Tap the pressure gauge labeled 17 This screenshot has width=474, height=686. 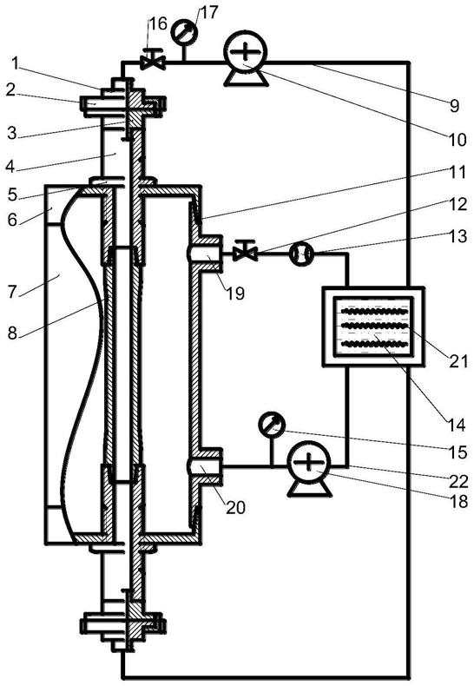[183, 31]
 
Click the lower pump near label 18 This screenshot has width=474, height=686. [309, 462]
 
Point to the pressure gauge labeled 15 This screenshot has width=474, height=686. [271, 424]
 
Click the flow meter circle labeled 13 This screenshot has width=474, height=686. [301, 253]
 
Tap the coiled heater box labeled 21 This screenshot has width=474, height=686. [372, 326]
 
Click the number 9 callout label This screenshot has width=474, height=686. [455, 105]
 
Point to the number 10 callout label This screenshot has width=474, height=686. [457, 140]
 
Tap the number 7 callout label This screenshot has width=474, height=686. [14, 291]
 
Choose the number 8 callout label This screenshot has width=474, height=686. [12, 333]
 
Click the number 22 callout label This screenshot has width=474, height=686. [458, 482]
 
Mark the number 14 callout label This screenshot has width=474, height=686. [456, 425]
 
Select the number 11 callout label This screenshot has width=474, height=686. [458, 172]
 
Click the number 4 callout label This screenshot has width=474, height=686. [12, 167]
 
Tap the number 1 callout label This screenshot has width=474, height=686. [15, 64]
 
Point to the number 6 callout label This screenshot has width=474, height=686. [12, 219]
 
